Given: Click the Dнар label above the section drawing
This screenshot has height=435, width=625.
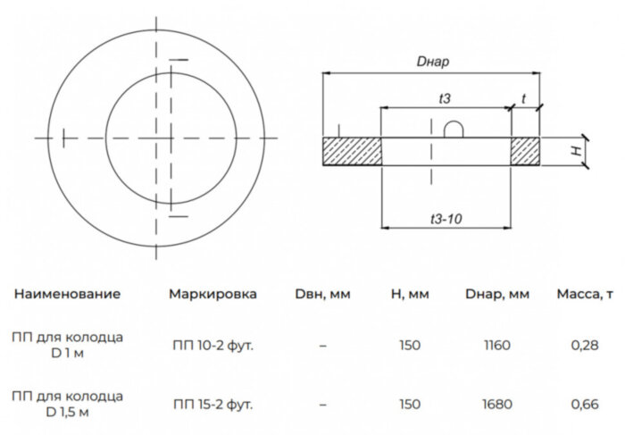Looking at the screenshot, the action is click(432, 62).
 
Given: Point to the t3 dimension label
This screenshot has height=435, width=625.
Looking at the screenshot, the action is click(445, 98).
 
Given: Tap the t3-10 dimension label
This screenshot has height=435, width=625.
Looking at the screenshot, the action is click(446, 219).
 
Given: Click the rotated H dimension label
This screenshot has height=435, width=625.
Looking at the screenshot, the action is click(577, 151).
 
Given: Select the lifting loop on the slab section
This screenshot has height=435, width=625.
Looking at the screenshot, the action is click(454, 130).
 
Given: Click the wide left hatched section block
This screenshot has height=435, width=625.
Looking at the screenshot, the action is click(352, 152).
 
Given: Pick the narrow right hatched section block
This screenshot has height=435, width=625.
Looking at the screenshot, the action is click(525, 152).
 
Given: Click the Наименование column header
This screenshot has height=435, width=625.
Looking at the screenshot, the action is click(67, 294).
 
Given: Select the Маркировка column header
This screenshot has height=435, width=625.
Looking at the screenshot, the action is click(212, 294).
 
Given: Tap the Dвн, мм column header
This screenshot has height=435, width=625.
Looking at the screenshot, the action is click(322, 294).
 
